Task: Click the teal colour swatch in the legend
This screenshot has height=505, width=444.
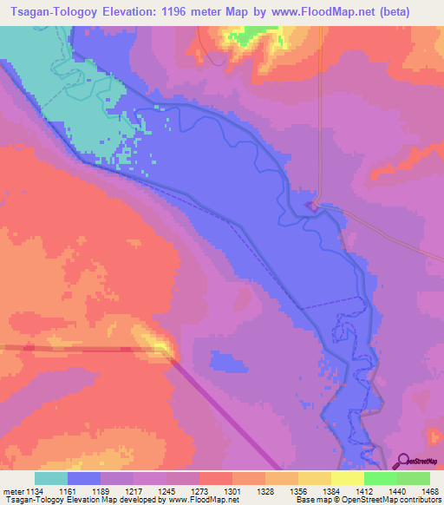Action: [51, 478]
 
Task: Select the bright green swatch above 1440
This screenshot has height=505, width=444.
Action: [380, 478]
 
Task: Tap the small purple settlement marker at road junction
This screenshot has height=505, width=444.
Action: [311, 206]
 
